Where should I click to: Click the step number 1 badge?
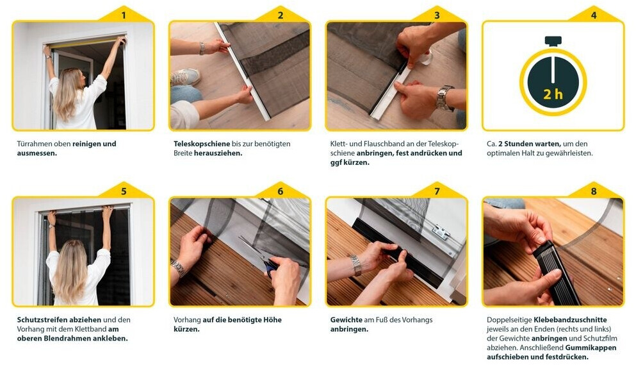(x=124, y=15)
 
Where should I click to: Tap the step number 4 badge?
(x=594, y=15)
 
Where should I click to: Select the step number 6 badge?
(x=281, y=191)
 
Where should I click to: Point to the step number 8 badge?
(x=594, y=191)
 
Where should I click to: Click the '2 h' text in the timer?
(x=553, y=94)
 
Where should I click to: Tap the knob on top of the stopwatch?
(x=553, y=40)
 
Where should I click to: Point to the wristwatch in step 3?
(x=444, y=98)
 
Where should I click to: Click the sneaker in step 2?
(x=185, y=77)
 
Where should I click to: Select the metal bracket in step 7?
(x=441, y=232)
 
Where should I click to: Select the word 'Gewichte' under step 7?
(x=346, y=319)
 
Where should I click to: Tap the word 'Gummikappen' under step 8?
(x=591, y=348)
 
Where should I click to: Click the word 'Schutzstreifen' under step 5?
(x=42, y=319)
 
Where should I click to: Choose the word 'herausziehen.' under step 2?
(x=218, y=153)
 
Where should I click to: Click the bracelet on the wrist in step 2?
(x=202, y=48)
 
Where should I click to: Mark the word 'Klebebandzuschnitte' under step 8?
(x=570, y=319)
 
